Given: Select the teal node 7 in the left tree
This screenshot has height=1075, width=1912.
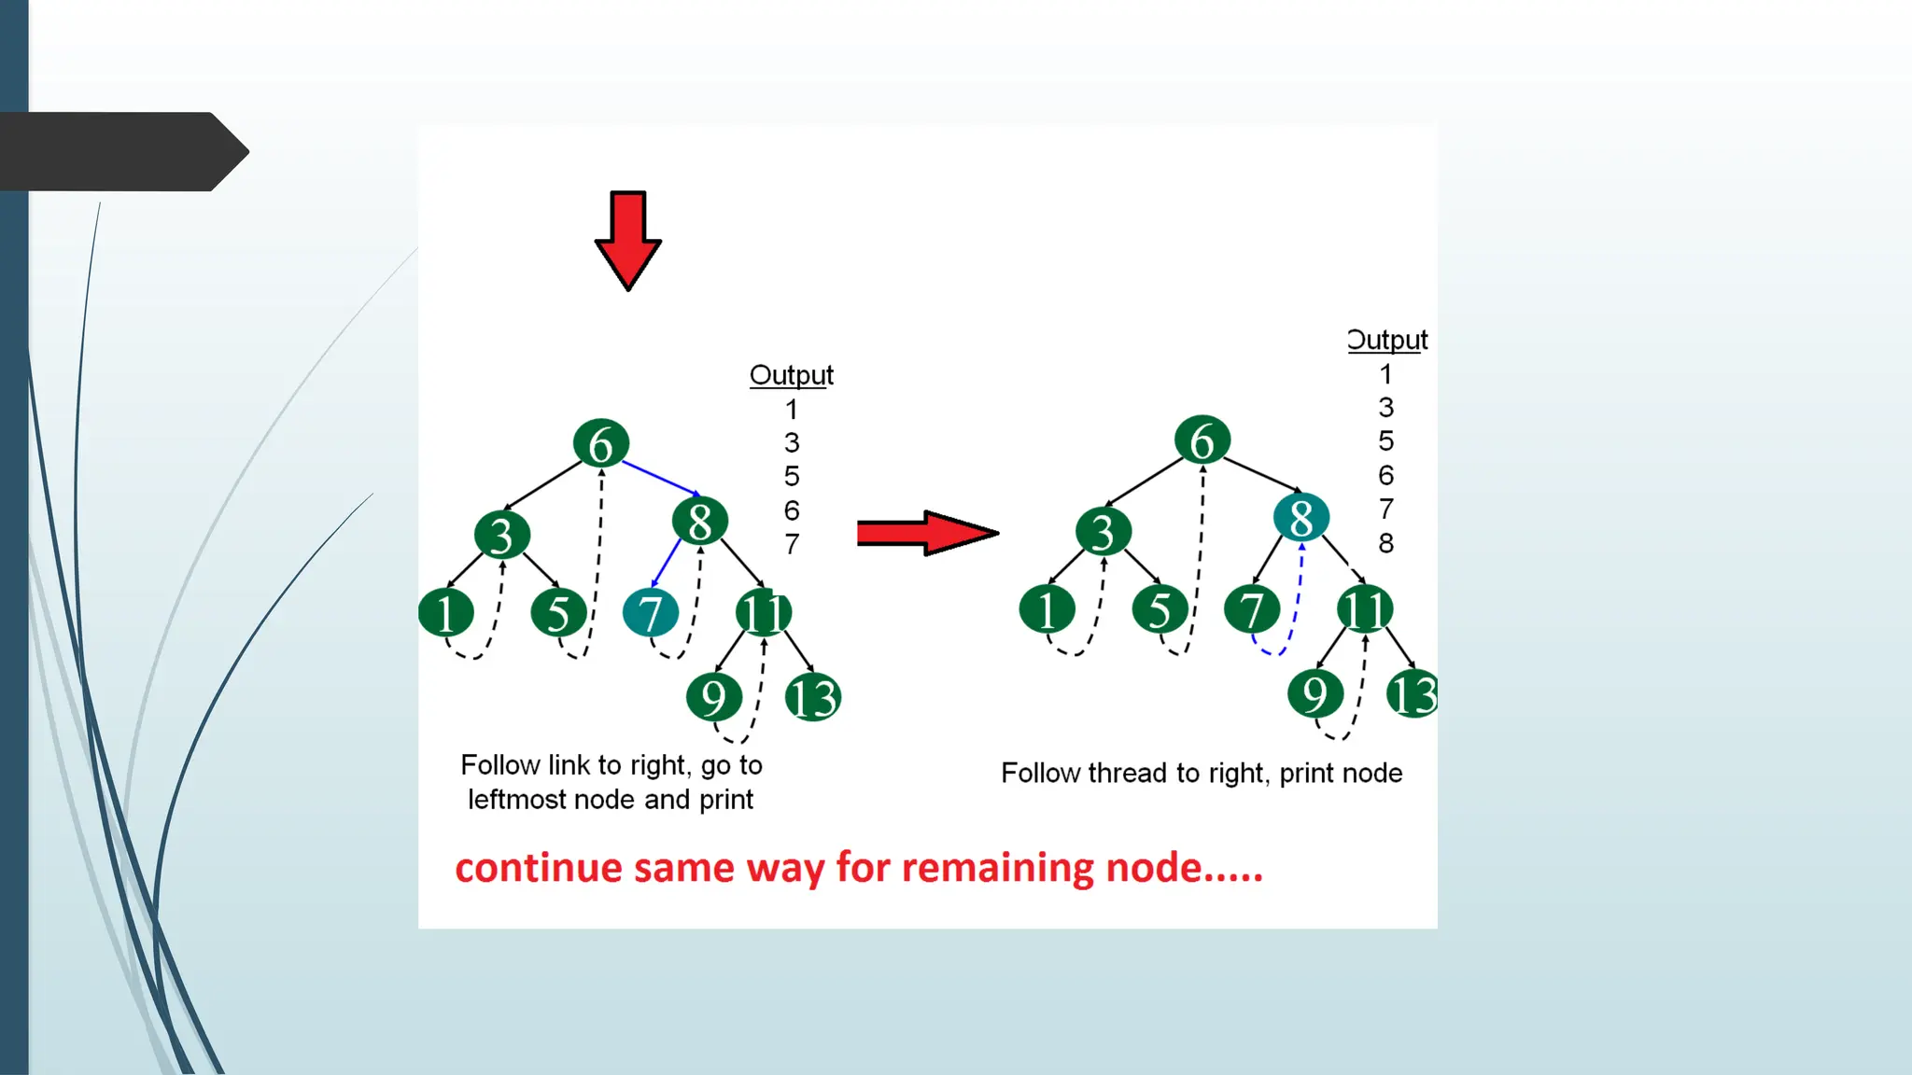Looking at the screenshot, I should point(651,613).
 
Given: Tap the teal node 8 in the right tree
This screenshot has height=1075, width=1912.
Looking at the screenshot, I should point(1300,518).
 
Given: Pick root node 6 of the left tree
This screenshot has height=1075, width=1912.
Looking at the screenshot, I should point(601,443).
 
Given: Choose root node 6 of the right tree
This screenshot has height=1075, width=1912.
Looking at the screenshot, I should point(1202,440).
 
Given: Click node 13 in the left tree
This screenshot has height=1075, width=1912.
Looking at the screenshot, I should point(813,697).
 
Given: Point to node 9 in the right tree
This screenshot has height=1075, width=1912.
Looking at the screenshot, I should point(1315,693).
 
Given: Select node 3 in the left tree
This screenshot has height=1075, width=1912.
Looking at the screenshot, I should point(502,535).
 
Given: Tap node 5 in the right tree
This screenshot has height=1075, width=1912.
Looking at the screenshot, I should point(1160,610).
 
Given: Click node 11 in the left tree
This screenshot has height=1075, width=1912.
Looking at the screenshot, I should point(764,613).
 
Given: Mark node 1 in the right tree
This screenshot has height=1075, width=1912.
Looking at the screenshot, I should point(1047,610).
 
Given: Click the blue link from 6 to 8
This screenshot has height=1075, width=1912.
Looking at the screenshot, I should point(660,477).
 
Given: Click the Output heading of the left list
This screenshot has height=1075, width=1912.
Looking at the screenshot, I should point(791,375).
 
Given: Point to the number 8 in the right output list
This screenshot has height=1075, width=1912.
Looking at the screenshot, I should point(1386,543).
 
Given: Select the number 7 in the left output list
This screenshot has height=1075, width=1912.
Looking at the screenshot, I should point(792,544).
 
